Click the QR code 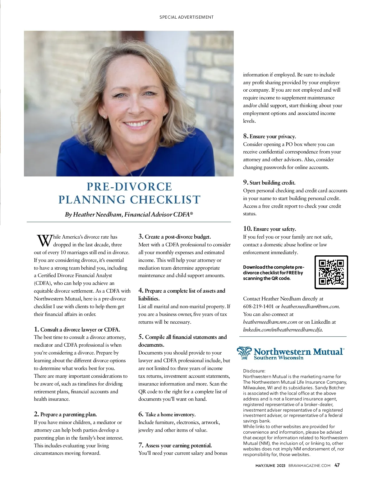click(x=331, y=272)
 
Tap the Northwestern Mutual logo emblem click(x=244, y=353)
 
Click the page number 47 click(x=337, y=465)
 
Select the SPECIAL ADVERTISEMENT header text click(x=186, y=17)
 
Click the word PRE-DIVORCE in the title click(x=129, y=186)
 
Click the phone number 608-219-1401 click(x=258, y=306)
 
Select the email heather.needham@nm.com click(x=310, y=306)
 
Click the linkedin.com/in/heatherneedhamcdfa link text click(x=283, y=330)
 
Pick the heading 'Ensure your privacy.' click(x=273, y=136)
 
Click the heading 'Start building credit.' click(x=272, y=183)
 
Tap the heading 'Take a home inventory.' click(x=170, y=414)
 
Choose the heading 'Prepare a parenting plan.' click(x=68, y=414)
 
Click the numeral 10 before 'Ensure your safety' click(x=247, y=229)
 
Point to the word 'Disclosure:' click(x=254, y=371)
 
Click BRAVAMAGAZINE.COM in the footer click(x=309, y=465)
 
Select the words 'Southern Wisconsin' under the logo click(x=279, y=358)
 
